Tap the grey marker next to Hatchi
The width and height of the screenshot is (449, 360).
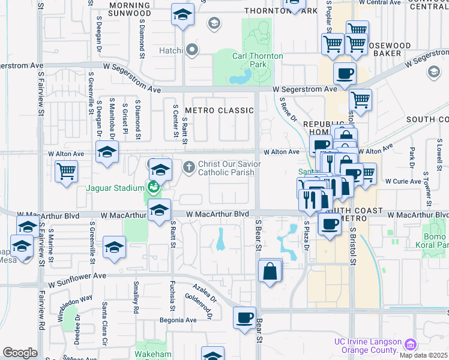pos(192,50)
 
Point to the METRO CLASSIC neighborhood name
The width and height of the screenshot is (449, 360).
pos(220,110)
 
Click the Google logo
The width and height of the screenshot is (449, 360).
pos(20,353)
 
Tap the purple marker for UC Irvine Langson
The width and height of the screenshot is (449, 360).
pos(411,344)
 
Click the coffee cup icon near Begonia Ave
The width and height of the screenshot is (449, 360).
pos(244,318)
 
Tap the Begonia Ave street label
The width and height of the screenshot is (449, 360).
pos(178,320)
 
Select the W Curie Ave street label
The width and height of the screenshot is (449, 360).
pos(403,181)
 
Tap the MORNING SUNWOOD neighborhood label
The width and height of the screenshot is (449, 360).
pos(130,8)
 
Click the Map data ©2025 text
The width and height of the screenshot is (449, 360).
pos(424,355)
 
